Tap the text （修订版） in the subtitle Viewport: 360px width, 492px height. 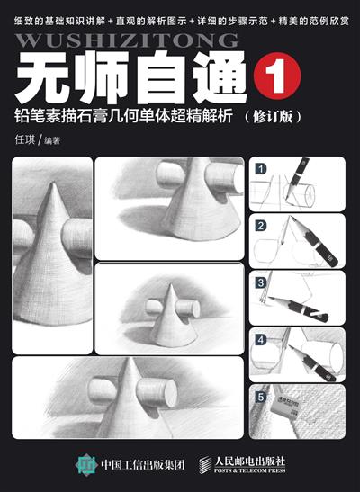pyautogui.click(x=272, y=116)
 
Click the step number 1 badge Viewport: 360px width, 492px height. pyautogui.click(x=260, y=168)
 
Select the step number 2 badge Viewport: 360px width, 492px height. pyautogui.click(x=260, y=225)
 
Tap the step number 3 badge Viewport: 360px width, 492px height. pyautogui.click(x=260, y=282)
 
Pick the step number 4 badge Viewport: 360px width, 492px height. pyautogui.click(x=260, y=340)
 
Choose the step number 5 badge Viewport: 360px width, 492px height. pyautogui.click(x=260, y=396)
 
